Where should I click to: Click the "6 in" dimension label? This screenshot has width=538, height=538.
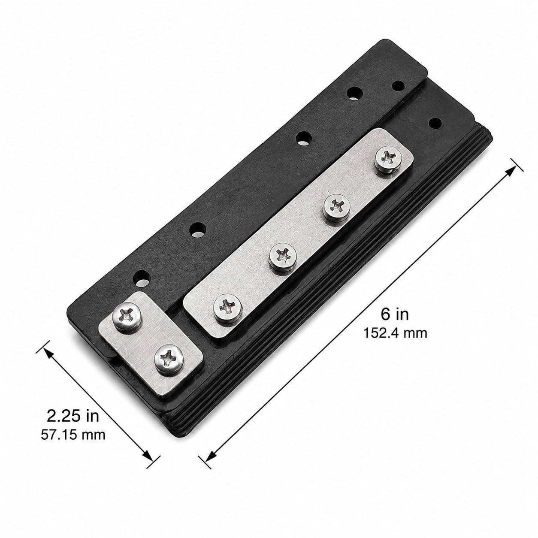point(395,314)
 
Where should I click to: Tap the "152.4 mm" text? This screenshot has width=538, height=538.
point(395,333)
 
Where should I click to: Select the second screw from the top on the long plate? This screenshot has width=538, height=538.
point(336,207)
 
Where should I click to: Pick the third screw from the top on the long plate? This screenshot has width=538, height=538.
point(283,257)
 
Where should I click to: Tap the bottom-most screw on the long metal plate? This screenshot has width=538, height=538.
point(227,309)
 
